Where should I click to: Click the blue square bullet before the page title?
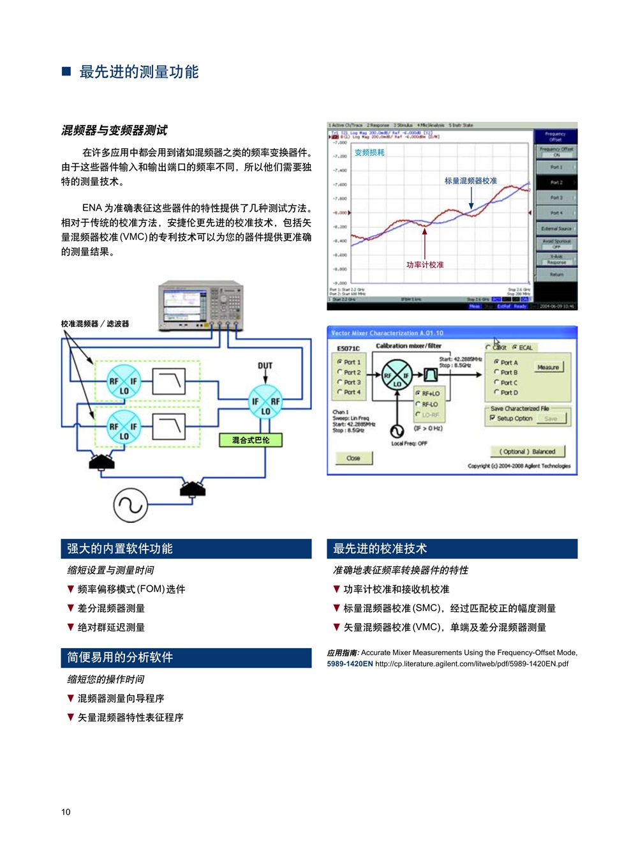pyautogui.click(x=66, y=71)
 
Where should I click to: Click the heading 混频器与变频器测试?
pyautogui.click(x=114, y=130)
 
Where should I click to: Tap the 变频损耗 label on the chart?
pyautogui.click(x=369, y=153)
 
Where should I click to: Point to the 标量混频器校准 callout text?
pyautogui.click(x=470, y=181)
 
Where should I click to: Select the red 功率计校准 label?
pyautogui.click(x=425, y=264)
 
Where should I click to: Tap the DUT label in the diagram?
pyautogui.click(x=265, y=366)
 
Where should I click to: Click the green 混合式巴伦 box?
pyautogui.click(x=250, y=440)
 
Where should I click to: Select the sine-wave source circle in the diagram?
pyautogui.click(x=130, y=505)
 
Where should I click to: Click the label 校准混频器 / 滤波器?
pyautogui.click(x=95, y=324)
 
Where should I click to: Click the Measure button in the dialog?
pyautogui.click(x=547, y=367)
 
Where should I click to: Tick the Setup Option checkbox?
pyautogui.click(x=493, y=418)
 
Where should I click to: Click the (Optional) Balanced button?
pyautogui.click(x=527, y=451)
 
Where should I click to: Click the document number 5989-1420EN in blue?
pyautogui.click(x=350, y=664)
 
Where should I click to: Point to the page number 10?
pyautogui.click(x=66, y=812)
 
